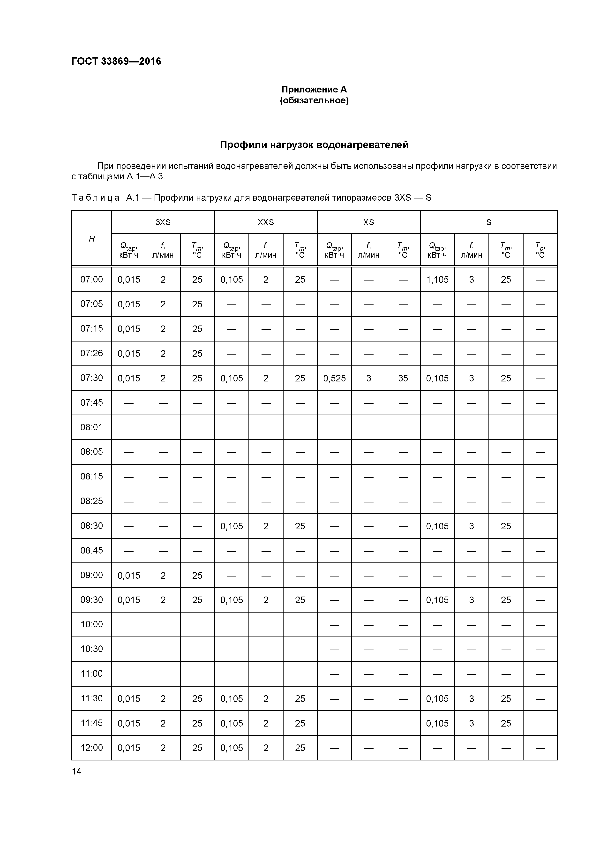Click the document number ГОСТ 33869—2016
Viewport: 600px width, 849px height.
116,61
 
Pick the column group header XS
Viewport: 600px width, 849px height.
368,222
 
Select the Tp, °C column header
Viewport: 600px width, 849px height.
540,250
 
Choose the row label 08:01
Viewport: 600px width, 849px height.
92,427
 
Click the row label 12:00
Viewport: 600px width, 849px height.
92,748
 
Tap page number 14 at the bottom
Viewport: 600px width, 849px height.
76,771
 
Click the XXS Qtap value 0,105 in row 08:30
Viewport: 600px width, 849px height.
232,526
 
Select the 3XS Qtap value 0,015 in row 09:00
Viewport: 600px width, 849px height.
129,575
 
